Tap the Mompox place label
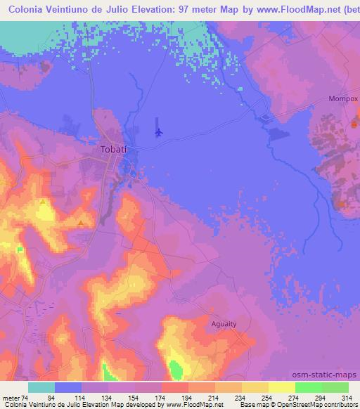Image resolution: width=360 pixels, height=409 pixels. point(343,98)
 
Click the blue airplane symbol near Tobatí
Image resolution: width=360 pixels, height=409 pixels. point(159,131)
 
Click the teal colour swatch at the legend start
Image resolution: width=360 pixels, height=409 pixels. point(41,387)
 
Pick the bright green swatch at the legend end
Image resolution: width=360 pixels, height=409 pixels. point(335,387)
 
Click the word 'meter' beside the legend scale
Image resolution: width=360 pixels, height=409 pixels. point(11,397)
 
